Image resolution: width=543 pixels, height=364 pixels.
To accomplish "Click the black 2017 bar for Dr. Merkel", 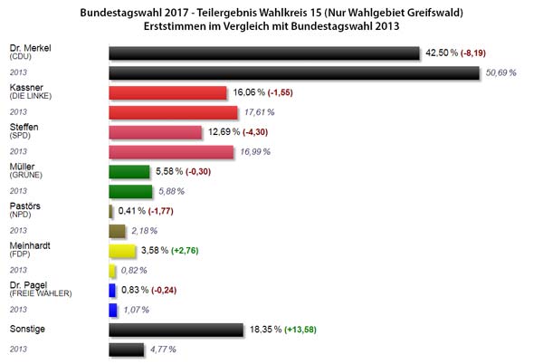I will click(264, 53).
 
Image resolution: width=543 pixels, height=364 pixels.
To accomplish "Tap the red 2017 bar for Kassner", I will click(167, 92).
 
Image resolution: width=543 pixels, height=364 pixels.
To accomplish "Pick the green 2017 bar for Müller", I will click(129, 170).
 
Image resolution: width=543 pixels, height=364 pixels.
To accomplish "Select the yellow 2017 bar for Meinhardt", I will click(122, 250).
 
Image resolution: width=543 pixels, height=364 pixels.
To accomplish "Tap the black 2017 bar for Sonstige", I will click(176, 330).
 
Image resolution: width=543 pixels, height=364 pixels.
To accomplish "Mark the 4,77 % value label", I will click(162, 350).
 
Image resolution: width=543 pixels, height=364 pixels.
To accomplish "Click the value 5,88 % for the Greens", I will click(172, 191).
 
